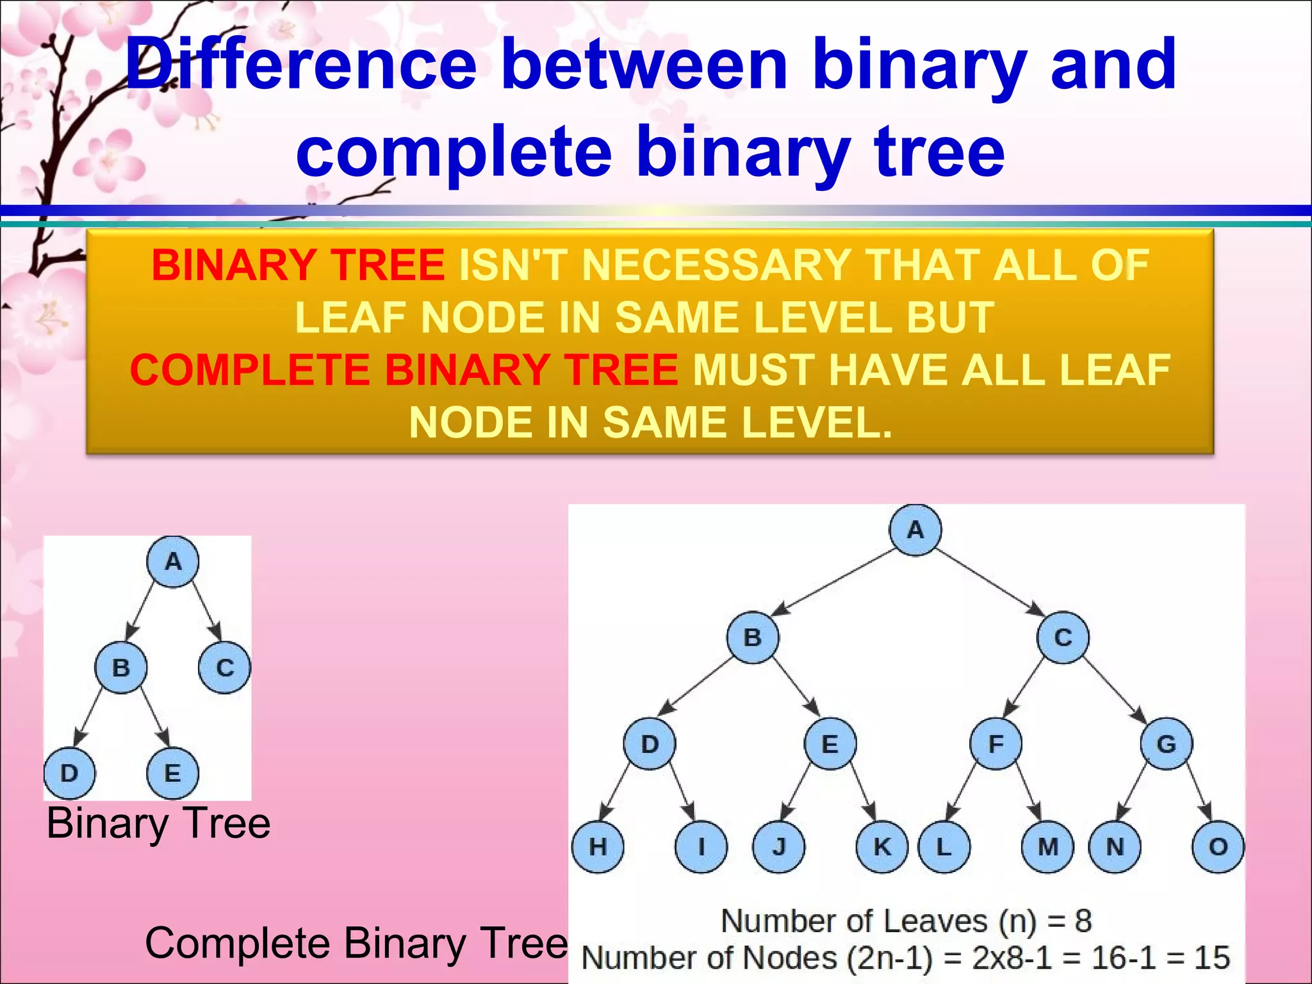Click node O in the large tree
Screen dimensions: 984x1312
[1218, 846]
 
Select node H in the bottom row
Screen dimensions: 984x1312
[598, 846]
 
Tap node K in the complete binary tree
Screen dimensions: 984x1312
[882, 846]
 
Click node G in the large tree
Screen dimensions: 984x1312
[1166, 744]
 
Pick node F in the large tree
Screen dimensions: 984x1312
[996, 744]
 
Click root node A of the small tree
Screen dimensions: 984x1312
[173, 562]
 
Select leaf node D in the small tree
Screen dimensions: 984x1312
[69, 773]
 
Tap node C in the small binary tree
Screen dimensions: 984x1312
[224, 668]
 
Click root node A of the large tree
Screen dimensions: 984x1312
[915, 530]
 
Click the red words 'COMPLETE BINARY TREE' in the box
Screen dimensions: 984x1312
[404, 370]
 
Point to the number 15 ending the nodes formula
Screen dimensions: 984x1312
[1211, 958]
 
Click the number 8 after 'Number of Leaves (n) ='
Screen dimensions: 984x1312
[1083, 921]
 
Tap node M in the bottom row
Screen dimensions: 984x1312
[1047, 846]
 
